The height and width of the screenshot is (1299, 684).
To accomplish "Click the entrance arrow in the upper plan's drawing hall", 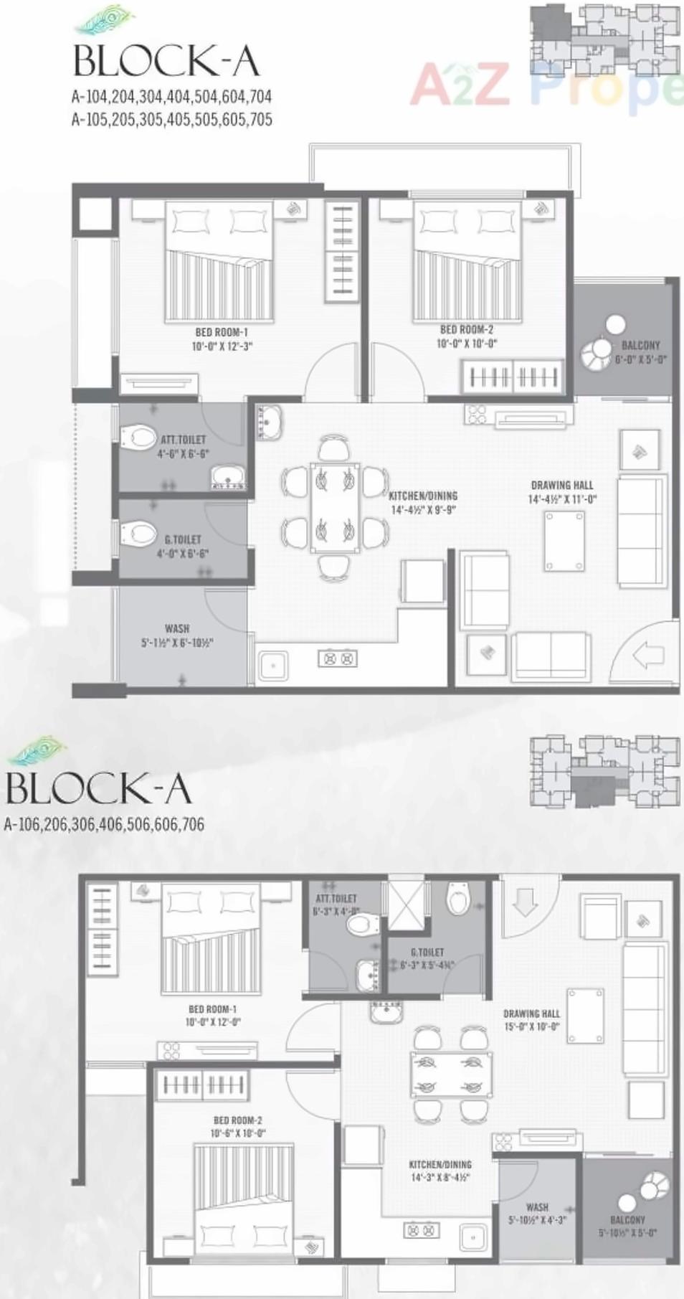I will (649, 654).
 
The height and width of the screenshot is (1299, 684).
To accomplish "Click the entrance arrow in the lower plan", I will (526, 902).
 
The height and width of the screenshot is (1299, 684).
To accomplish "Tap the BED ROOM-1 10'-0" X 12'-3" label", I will (222, 339).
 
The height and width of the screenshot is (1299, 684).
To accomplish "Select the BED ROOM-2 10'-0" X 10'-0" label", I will (467, 336).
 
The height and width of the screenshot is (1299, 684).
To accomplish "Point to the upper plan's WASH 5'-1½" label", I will (177, 636).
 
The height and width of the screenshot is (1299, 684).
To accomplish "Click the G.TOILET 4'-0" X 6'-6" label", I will (183, 546).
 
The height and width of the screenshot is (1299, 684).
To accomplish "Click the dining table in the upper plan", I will (334, 506).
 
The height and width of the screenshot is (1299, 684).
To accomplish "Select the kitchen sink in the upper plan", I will (273, 665).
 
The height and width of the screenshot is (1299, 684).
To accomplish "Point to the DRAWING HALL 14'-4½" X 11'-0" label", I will (562, 492).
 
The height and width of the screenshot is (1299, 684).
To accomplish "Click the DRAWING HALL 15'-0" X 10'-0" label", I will (531, 1019).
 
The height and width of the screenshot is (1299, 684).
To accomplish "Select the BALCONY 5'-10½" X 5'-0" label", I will (627, 1226).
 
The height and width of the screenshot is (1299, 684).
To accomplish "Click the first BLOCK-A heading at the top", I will (166, 62).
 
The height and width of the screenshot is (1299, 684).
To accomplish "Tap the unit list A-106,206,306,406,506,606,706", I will (104, 824).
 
